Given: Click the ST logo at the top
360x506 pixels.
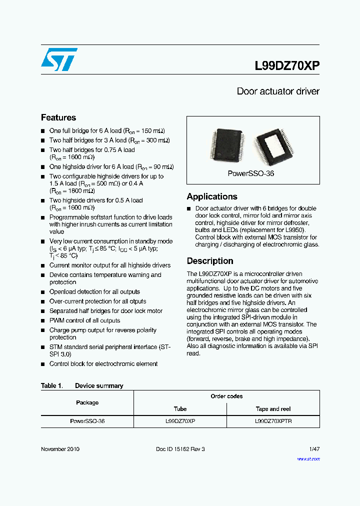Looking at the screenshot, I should point(59,59).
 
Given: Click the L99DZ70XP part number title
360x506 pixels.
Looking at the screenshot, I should point(287,66).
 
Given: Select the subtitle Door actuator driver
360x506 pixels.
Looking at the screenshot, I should point(278,91).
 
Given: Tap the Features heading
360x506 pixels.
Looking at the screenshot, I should point(58,117).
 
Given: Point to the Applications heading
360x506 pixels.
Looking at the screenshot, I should point(212,196).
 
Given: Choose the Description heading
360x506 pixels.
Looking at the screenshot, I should point(210,261).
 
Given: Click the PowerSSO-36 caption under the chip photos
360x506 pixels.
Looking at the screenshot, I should point(251,173).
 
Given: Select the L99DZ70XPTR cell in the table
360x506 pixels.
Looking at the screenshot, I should point(273,421).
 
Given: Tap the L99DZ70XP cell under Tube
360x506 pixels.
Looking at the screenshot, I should point(180,421).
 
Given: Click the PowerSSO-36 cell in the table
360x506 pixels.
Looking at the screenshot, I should point(87,421).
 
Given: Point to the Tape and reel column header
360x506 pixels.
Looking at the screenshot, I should point(273,409).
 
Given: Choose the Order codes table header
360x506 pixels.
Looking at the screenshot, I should point(226,396).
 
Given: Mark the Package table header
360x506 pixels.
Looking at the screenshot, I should point(87,402).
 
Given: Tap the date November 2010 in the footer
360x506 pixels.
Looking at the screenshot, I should point(60,449).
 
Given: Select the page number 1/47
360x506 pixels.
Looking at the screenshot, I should point(314,449).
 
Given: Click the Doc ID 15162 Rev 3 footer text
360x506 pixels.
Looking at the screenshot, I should point(180,449).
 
